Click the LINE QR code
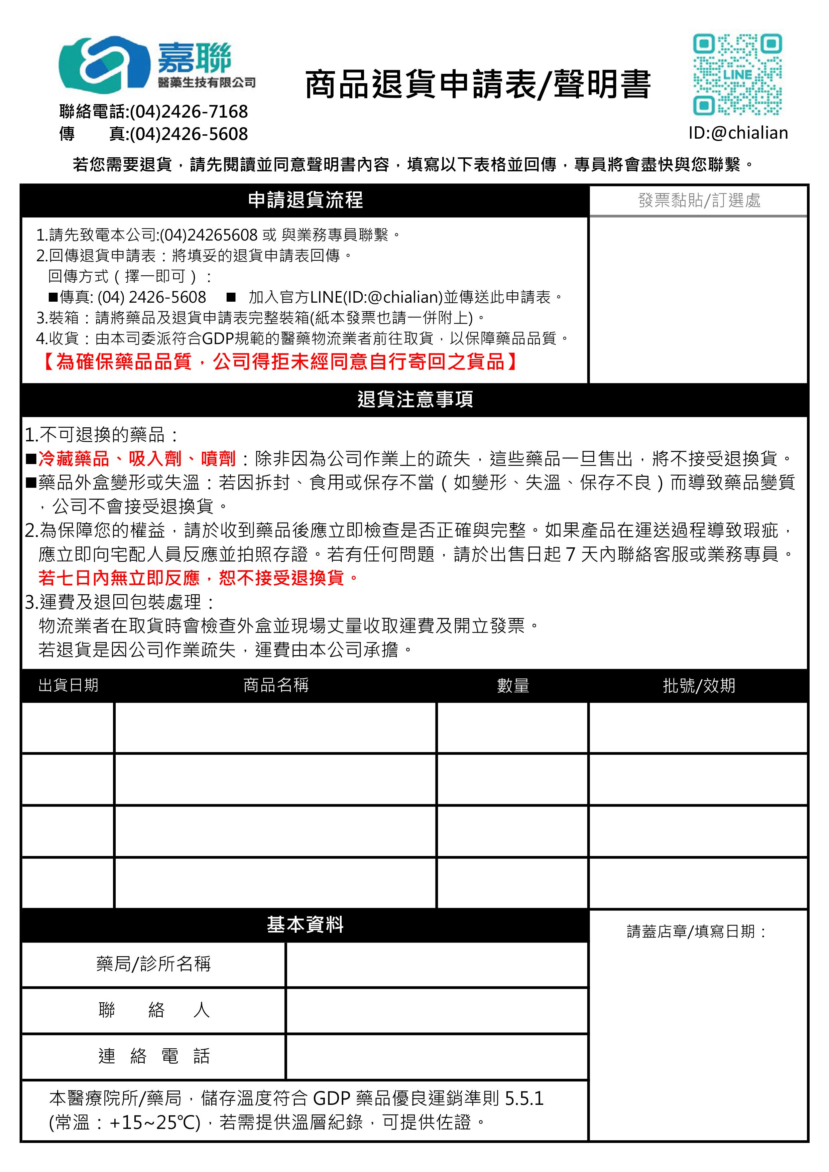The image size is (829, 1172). click(x=737, y=75)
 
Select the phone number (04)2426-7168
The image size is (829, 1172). click(x=189, y=111)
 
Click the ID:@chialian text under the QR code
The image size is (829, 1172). click(x=737, y=133)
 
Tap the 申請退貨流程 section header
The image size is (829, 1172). click(x=305, y=200)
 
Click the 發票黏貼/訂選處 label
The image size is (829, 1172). click(x=699, y=200)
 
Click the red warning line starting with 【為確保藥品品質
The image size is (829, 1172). click(x=279, y=361)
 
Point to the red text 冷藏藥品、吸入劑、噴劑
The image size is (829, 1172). click(x=137, y=458)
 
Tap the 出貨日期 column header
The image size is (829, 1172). click(x=69, y=685)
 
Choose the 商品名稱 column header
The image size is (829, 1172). click(x=276, y=685)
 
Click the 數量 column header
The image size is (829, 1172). click(x=513, y=685)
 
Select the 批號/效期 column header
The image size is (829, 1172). click(x=699, y=685)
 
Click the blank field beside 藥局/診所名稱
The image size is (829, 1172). click(x=437, y=964)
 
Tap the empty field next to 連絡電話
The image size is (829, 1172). click(x=437, y=1056)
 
